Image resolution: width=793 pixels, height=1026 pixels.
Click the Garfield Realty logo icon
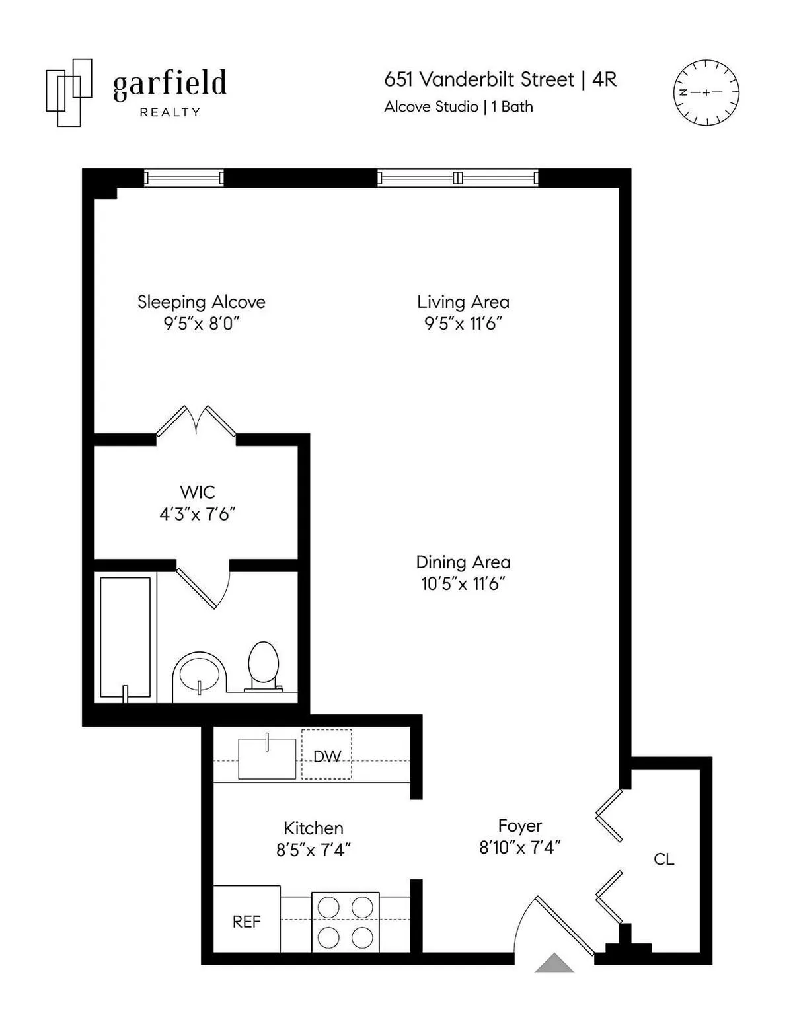(x=68, y=92)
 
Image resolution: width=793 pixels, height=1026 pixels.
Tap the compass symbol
(x=705, y=92)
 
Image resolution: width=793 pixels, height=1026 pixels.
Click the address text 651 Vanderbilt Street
(x=479, y=79)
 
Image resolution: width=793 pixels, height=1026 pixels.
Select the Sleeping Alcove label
(x=201, y=302)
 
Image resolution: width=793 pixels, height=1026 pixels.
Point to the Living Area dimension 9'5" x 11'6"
(x=463, y=324)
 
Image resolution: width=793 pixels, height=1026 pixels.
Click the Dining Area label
(x=463, y=562)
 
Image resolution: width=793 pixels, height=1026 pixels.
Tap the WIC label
(x=197, y=492)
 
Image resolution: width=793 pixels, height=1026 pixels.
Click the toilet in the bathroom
(x=263, y=664)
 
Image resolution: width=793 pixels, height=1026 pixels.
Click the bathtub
(x=126, y=638)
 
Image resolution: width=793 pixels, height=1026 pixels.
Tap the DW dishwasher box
(x=326, y=754)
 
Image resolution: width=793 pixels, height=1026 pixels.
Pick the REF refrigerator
(x=246, y=921)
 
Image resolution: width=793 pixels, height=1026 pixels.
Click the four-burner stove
(x=345, y=922)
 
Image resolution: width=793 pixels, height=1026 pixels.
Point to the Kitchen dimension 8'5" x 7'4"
(x=313, y=850)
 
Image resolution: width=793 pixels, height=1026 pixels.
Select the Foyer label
(x=519, y=826)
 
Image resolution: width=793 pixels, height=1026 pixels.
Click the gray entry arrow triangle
(x=554, y=965)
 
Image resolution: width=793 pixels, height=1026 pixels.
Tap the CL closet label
(x=663, y=859)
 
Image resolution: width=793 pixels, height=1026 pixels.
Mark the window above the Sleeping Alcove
(x=184, y=177)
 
